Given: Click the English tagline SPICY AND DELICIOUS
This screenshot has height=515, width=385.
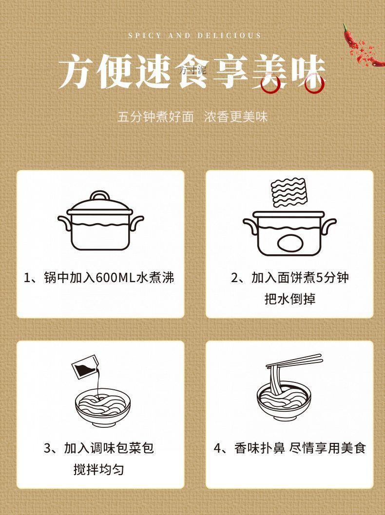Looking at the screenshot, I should coord(194,36).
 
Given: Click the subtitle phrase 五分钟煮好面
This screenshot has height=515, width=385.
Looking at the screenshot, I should coord(155,117).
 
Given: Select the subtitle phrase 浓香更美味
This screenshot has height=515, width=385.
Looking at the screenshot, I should coord(236,117).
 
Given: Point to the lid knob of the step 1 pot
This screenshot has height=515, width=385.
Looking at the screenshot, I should coord(100,196).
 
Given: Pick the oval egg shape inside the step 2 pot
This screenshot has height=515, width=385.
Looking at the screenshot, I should coord(289,242).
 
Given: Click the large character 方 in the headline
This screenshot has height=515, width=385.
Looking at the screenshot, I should coord(80,72).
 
